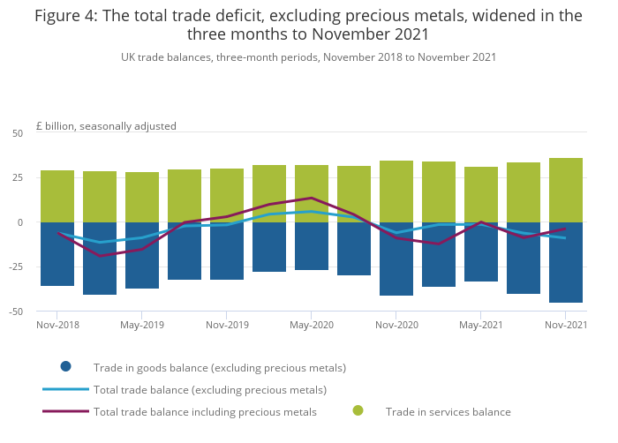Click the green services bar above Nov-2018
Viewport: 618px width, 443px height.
[x=57, y=196]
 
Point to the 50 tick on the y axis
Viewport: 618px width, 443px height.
[x=18, y=133]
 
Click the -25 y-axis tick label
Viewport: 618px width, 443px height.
[x=15, y=267]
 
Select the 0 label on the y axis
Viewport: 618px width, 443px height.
[x=20, y=222]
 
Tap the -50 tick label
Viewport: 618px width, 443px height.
[x=15, y=312]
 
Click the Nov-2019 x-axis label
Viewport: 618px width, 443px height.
[x=227, y=325]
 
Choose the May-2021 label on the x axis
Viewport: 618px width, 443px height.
[x=481, y=325]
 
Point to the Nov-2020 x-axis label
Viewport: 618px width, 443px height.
[x=396, y=325]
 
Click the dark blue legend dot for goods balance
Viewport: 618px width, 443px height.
[x=65, y=367]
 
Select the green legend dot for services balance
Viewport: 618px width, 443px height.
[x=358, y=411]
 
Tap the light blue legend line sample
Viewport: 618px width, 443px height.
[x=65, y=389]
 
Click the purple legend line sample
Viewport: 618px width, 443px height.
[x=65, y=411]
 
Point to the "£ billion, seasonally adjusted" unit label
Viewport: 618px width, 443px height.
[x=106, y=126]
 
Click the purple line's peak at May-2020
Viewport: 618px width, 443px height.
[x=312, y=198]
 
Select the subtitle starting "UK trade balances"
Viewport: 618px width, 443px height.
[x=308, y=57]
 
